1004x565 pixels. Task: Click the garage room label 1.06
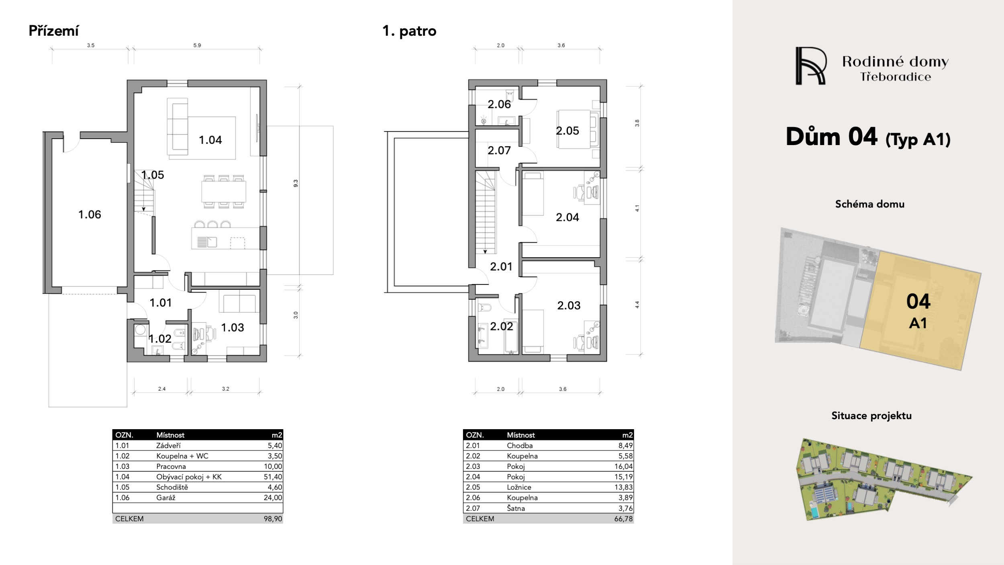[x=90, y=215]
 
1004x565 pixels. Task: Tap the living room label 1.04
[x=210, y=140]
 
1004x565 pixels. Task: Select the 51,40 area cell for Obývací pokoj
[x=273, y=477]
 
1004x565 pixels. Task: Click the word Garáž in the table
[x=166, y=497]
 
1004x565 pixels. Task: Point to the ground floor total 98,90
[x=273, y=519]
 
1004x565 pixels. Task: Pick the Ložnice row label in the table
[x=519, y=487]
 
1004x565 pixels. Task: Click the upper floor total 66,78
[x=624, y=519]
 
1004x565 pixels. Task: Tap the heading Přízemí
[x=54, y=31]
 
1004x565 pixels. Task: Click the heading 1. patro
[x=409, y=31]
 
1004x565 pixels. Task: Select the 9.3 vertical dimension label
[x=296, y=183]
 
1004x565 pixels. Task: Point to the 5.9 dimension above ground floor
[x=197, y=45]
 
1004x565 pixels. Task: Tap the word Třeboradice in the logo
[x=896, y=77]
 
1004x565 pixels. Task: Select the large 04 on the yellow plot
[x=918, y=301]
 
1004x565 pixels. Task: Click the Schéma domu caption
[x=870, y=204]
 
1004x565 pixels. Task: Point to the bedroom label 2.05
[x=567, y=131]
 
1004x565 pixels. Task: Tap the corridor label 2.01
[x=501, y=266]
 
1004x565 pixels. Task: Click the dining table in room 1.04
[x=224, y=191]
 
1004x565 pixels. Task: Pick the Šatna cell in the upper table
[x=516, y=508]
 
